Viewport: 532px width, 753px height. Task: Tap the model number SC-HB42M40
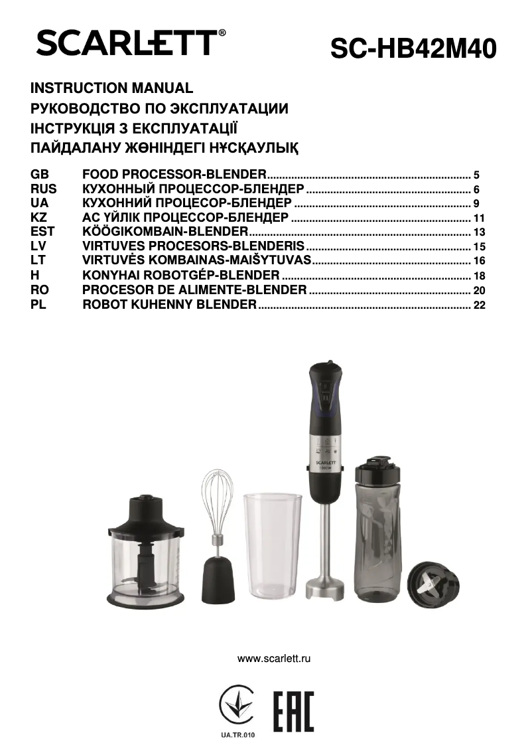click(413, 49)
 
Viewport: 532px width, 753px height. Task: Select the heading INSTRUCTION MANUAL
click(111, 88)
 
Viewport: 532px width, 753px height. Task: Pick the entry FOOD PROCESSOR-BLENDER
click(174, 175)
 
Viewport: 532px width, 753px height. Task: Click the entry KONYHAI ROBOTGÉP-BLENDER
click(180, 275)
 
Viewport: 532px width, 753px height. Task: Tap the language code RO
click(39, 290)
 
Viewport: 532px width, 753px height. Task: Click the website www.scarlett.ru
click(274, 659)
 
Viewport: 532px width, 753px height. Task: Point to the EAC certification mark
click(293, 711)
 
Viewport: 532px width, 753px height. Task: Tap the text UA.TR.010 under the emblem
click(237, 735)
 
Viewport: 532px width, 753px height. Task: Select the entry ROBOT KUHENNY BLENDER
click(169, 305)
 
